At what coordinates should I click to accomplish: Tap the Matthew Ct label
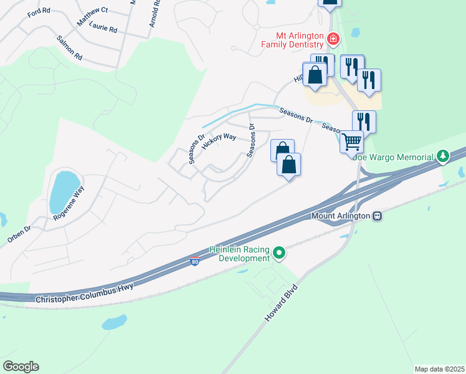[x=92, y=17]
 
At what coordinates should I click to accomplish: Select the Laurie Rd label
[x=103, y=29]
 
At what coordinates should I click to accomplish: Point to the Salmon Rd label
[x=69, y=47]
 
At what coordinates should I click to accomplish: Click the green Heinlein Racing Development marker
[x=279, y=253]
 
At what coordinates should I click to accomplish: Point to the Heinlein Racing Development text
[x=239, y=254]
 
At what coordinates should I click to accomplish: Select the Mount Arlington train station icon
[x=377, y=216]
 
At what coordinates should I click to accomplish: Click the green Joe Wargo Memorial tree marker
[x=443, y=155]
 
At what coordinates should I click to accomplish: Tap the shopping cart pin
[x=351, y=141]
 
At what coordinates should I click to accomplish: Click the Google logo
[x=21, y=367]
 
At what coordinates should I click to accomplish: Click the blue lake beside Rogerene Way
[x=62, y=190]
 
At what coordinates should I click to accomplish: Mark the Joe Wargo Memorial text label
[x=394, y=157]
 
